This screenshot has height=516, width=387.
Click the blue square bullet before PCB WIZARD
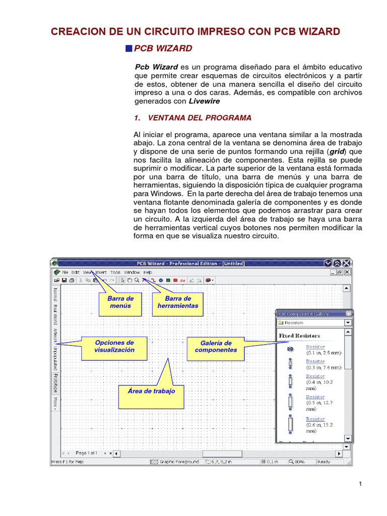tap(128, 48)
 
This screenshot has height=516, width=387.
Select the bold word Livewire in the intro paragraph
tap(204, 101)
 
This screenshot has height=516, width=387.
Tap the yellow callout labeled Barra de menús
tap(120, 302)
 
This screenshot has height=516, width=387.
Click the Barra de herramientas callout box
tap(178, 302)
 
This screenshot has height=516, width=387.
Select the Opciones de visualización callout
tap(114, 346)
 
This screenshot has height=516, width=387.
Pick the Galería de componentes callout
tap(216, 346)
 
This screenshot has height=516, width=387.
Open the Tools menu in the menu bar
tap(115, 272)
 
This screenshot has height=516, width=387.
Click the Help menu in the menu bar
tap(148, 272)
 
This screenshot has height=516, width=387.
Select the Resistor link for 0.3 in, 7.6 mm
tap(315, 361)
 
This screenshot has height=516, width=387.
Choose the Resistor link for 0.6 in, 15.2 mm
tap(315, 419)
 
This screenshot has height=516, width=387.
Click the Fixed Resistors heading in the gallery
tap(299, 336)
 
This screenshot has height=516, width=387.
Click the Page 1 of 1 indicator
tap(86, 453)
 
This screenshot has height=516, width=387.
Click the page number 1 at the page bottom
tap(361, 485)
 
